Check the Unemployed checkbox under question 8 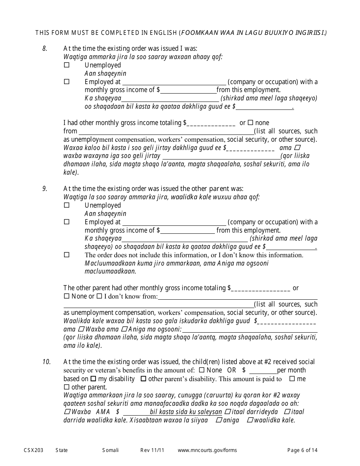click(67, 65)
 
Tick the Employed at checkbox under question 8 click(67, 81)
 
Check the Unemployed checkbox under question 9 click(67, 205)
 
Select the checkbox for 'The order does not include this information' click(67, 255)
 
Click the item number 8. click(45, 48)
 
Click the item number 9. click(45, 189)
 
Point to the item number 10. click(46, 362)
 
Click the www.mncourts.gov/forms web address click(207, 450)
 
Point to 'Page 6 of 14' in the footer click(302, 450)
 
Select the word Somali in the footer click(110, 450)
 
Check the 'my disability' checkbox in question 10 click(93, 379)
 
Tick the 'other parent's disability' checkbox click(143, 379)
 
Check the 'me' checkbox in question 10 click(292, 379)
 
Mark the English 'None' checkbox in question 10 click(202, 370)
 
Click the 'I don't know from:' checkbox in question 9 click(99, 296)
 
